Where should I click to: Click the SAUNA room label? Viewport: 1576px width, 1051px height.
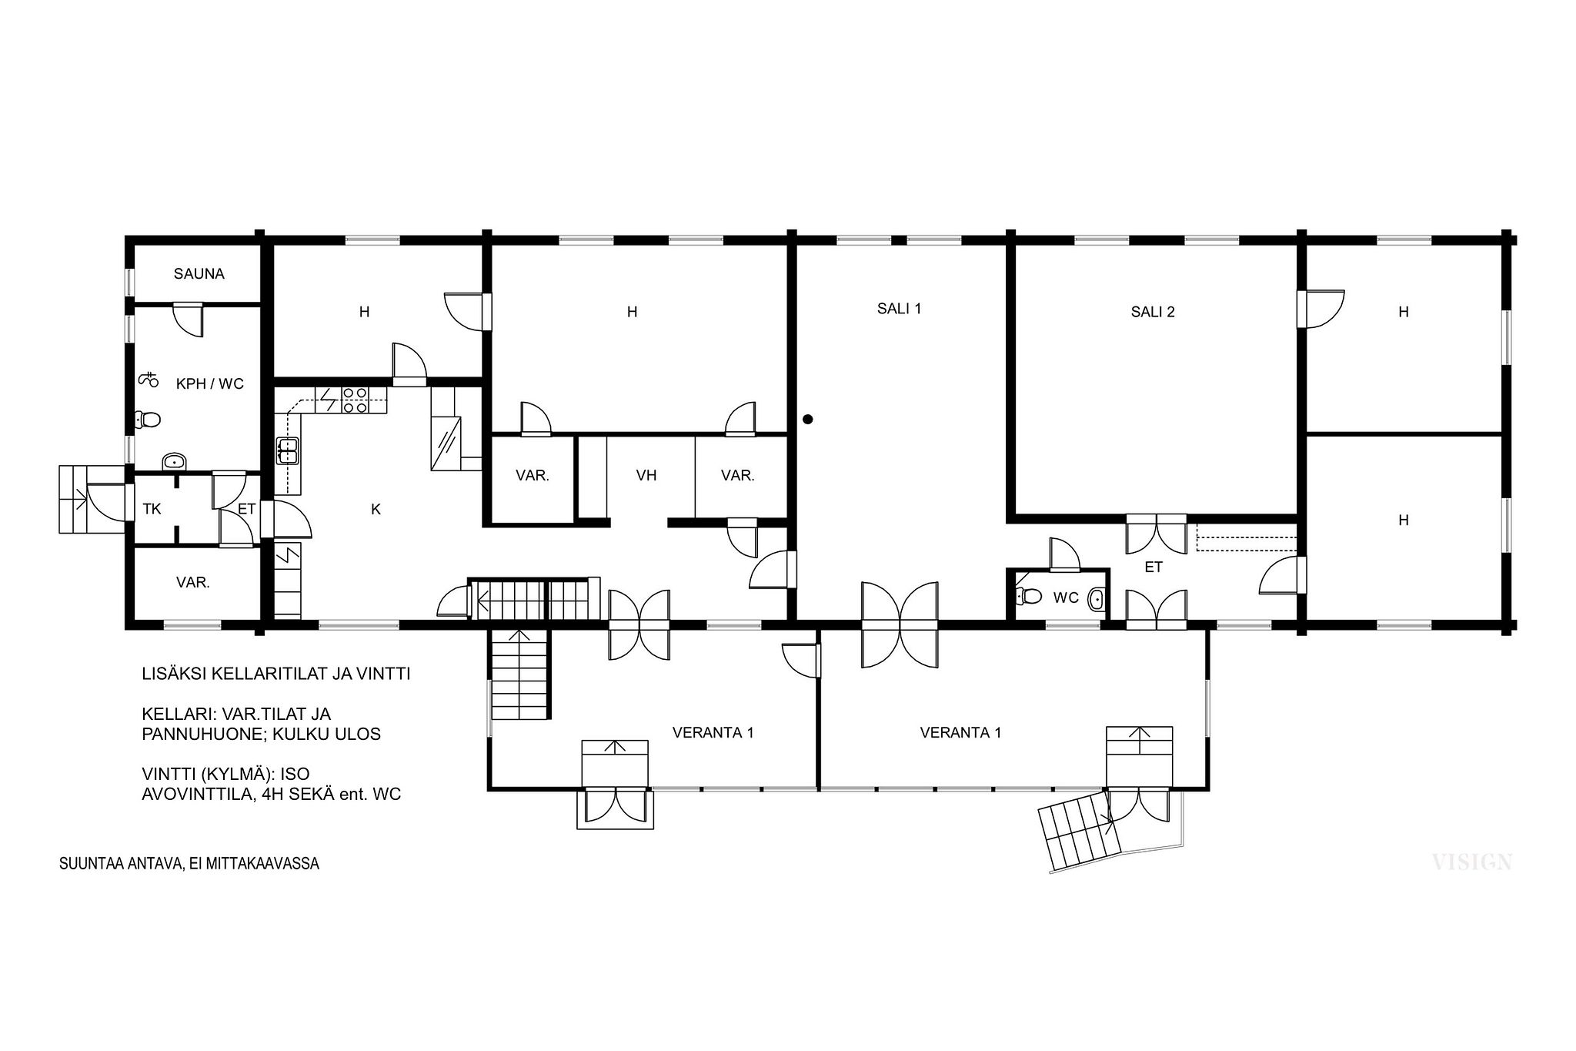click(199, 273)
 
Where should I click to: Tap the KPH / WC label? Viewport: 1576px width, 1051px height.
click(209, 383)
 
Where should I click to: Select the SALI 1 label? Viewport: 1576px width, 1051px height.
click(899, 309)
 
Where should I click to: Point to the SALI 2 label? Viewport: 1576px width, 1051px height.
click(1153, 312)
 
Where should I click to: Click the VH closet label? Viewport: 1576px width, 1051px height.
click(646, 475)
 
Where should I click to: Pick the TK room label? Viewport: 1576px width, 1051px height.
click(152, 509)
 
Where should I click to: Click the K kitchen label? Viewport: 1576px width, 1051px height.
click(376, 509)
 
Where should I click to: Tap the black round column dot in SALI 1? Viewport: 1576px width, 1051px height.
click(807, 420)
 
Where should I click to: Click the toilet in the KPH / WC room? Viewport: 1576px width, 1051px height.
click(147, 420)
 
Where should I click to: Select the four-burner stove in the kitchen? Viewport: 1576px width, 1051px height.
click(355, 400)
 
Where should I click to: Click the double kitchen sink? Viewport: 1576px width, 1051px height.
click(287, 450)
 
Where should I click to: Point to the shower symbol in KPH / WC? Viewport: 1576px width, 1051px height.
click(148, 379)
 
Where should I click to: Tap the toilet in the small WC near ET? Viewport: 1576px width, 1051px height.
click(1029, 596)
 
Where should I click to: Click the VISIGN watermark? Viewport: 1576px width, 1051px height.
click(1472, 862)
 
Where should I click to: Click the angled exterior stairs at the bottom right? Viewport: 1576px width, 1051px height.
click(1079, 833)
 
